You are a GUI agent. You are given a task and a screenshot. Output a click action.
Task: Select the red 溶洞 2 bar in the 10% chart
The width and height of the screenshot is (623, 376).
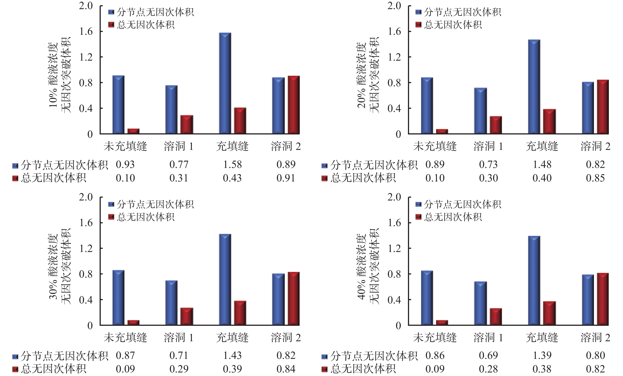(x=294, y=105)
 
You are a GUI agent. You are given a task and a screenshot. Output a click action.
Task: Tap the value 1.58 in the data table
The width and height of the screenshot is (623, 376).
(x=232, y=165)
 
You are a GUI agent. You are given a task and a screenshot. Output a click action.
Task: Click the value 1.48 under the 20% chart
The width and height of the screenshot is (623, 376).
(x=542, y=165)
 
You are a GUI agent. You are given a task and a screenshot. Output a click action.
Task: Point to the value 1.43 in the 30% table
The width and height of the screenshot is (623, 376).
(x=232, y=356)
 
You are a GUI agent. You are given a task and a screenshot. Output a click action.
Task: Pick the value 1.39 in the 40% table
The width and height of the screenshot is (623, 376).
(x=542, y=356)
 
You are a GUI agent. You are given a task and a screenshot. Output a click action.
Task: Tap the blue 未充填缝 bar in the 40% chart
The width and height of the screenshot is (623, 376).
(x=427, y=298)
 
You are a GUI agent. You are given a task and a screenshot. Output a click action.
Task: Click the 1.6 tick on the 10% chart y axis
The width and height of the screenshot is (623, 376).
(x=86, y=32)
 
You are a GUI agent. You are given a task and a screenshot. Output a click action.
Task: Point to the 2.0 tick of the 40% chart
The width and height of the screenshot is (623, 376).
(x=394, y=197)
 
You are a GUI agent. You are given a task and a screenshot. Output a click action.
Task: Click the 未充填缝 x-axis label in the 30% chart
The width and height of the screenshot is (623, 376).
(x=125, y=338)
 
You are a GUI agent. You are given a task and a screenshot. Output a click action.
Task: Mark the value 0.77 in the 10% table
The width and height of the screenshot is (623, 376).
(x=179, y=165)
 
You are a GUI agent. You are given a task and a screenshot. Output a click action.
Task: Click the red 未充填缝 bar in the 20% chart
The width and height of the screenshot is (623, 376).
(x=442, y=131)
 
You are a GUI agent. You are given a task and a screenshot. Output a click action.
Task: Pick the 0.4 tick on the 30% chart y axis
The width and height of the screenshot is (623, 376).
(x=86, y=300)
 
